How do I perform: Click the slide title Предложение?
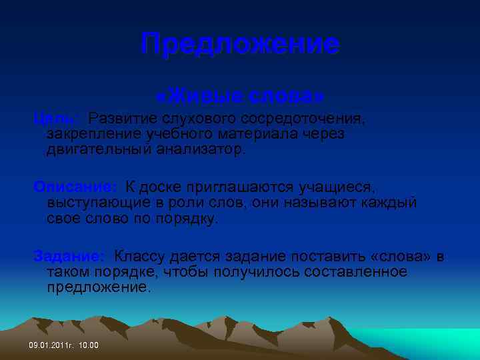click(240, 45)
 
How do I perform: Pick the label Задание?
click(69, 256)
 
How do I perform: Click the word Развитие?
click(123, 119)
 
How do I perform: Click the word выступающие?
click(95, 203)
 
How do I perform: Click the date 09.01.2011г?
click(51, 345)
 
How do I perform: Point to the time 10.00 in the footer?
click(89, 345)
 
